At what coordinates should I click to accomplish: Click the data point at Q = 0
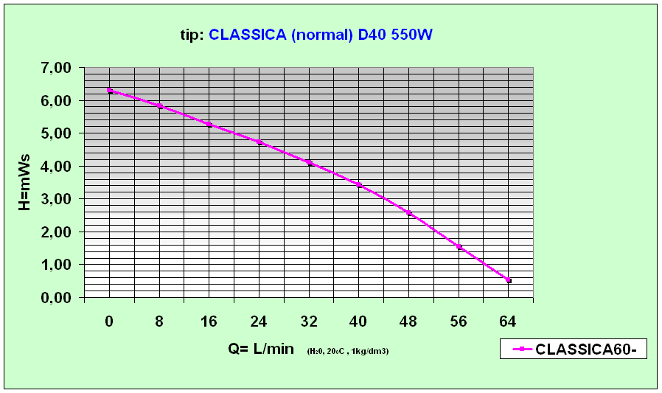pyautogui.click(x=110, y=91)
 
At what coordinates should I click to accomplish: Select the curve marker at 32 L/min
pyautogui.click(x=310, y=163)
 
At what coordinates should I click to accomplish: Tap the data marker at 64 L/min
pyautogui.click(x=509, y=281)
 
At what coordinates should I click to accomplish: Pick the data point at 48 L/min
pyautogui.click(x=409, y=213)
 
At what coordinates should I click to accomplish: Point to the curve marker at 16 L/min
pyautogui.click(x=209, y=125)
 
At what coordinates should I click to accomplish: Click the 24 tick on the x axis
pyautogui.click(x=259, y=321)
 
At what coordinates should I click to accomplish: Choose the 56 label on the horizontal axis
pyautogui.click(x=458, y=321)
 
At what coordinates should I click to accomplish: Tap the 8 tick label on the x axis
pyautogui.click(x=159, y=321)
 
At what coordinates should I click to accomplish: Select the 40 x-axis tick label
pyautogui.click(x=358, y=321)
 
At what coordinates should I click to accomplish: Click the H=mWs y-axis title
pyautogui.click(x=25, y=181)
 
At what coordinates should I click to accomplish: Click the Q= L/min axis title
pyautogui.click(x=261, y=349)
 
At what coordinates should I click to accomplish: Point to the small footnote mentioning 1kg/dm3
pyautogui.click(x=348, y=351)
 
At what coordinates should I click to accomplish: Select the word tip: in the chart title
pyautogui.click(x=192, y=35)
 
